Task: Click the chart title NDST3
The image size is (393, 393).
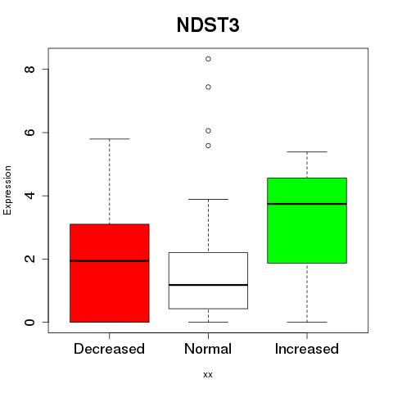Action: click(208, 25)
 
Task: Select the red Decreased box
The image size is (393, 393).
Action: click(110, 273)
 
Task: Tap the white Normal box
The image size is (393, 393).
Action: click(208, 281)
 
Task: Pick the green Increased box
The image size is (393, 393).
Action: click(307, 220)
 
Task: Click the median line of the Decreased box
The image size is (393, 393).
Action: click(110, 261)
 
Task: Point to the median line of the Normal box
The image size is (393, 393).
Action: click(208, 285)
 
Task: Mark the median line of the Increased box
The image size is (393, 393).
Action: click(307, 204)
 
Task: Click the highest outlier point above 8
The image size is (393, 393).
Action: click(208, 59)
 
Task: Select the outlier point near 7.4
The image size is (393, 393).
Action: click(208, 87)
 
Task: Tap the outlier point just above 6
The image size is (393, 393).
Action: click(208, 131)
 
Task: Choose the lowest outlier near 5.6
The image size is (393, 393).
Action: click(208, 146)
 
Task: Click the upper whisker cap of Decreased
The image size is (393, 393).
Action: click(110, 139)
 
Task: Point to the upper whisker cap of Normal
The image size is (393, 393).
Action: click(208, 199)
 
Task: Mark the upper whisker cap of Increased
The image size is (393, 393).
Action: click(307, 151)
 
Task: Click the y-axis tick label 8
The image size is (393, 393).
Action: click(29, 70)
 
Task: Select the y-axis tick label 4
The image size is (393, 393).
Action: click(29, 196)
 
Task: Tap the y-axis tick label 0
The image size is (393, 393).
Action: click(29, 323)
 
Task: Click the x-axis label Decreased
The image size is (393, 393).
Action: click(109, 349)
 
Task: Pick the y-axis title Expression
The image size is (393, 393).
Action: click(7, 190)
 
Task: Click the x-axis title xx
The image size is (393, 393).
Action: click(208, 375)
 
